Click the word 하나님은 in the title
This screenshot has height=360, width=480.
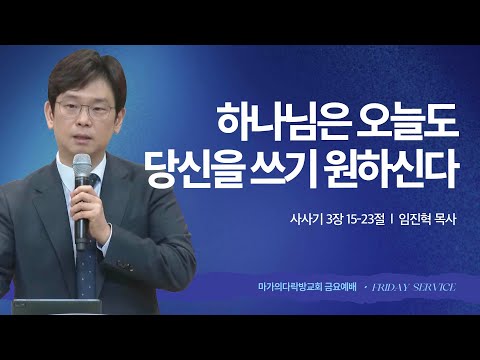269,122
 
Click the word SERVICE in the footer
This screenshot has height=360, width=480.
436,287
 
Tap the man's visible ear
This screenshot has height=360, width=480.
122,112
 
